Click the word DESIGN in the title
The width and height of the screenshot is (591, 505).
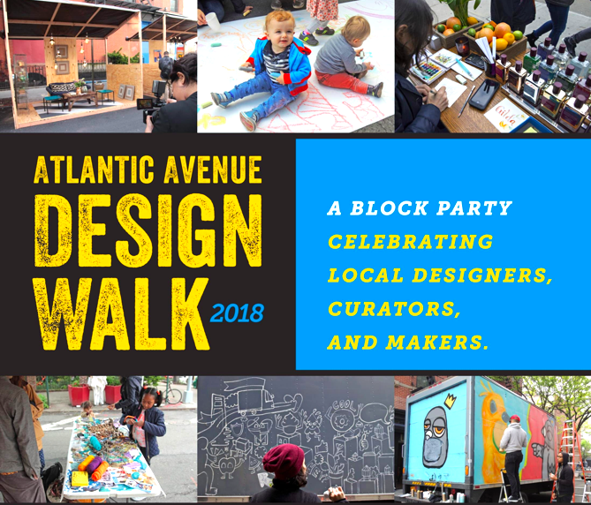click(148, 230)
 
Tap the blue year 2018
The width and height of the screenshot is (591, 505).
click(237, 313)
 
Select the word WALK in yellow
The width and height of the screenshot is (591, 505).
click(121, 314)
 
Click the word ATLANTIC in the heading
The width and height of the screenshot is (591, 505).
click(94, 170)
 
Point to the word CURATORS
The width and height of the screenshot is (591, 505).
click(394, 309)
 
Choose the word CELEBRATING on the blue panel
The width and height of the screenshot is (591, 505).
click(411, 242)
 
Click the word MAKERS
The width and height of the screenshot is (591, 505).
click(436, 343)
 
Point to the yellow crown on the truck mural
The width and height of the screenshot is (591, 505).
click(450, 402)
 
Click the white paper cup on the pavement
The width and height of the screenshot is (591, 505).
click(213, 21)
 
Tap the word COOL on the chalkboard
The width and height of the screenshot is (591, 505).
click(345, 406)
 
